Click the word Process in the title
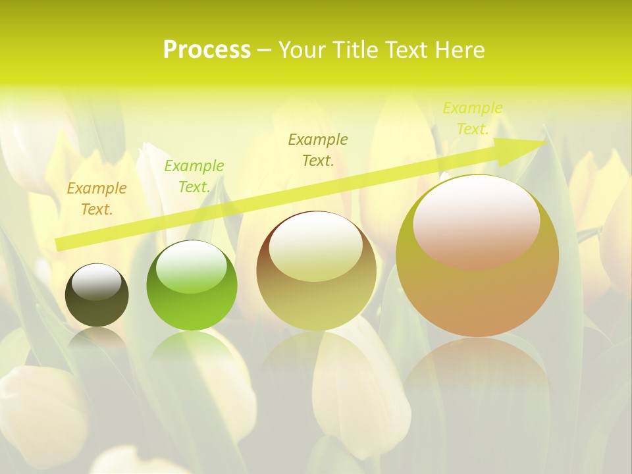207,50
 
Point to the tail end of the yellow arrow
59,244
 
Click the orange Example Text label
97,199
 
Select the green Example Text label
194,176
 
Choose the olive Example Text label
318,149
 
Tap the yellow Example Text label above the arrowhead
472,118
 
